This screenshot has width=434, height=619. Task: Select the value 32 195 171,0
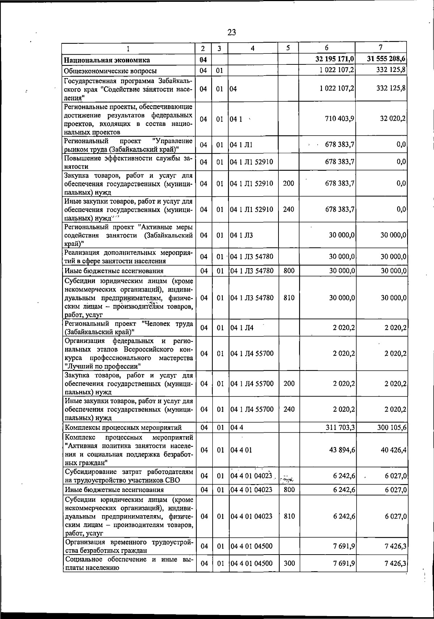pyautogui.click(x=335, y=59)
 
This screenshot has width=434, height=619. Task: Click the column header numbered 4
pyautogui.click(x=253, y=48)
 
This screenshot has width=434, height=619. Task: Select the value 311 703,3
pyautogui.click(x=340, y=427)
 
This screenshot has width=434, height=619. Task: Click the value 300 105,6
pyautogui.click(x=392, y=427)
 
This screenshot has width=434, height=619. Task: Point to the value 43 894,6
pyautogui.click(x=342, y=450)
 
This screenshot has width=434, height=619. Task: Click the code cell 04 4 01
pyautogui.click(x=241, y=450)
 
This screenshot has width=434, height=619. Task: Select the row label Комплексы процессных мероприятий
pyautogui.click(x=123, y=428)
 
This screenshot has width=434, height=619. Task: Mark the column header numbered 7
pyautogui.click(x=380, y=47)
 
